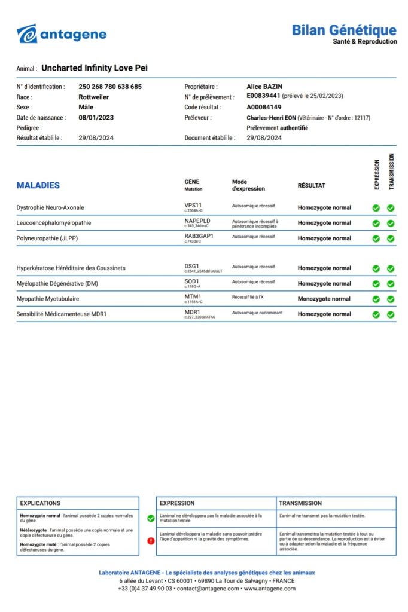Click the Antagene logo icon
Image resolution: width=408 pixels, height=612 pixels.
27,34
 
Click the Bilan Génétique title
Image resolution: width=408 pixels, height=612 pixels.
343,30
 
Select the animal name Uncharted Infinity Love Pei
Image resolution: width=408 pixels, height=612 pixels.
95,68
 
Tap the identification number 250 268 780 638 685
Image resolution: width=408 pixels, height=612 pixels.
110,87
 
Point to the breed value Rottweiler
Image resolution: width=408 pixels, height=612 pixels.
93,97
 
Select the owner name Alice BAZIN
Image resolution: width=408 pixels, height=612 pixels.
264,87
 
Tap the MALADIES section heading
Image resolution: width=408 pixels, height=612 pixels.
38,185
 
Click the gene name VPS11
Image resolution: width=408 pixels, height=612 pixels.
193,205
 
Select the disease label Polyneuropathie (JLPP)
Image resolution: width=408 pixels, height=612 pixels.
47,238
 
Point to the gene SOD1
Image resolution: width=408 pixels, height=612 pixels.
192,281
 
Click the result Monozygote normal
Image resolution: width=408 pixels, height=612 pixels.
324,299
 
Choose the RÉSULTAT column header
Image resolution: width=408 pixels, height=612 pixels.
311,186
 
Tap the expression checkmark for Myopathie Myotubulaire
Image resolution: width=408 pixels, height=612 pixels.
376,299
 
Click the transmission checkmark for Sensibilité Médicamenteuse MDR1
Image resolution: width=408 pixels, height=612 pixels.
390,314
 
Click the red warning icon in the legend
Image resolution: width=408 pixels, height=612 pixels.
151,541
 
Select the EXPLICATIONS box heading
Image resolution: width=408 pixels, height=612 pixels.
40,503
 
